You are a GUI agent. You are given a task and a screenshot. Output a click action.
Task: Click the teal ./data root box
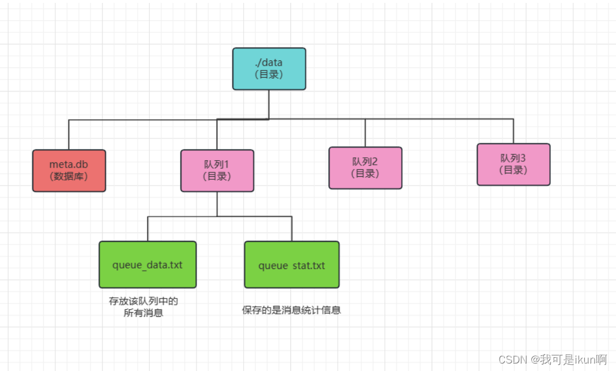pyautogui.click(x=269, y=69)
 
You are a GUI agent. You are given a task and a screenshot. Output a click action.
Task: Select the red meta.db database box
pyautogui.click(x=69, y=171)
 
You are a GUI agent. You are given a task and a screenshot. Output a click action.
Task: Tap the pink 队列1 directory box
pyautogui.click(x=217, y=171)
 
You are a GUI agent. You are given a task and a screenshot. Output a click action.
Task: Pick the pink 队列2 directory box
pyautogui.click(x=365, y=168)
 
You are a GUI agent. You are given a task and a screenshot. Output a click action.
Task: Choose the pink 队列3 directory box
pyautogui.click(x=513, y=164)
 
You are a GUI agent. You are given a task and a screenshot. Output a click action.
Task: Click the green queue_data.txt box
pyautogui.click(x=148, y=265)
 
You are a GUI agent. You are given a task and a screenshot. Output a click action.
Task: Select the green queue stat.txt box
pyautogui.click(x=292, y=265)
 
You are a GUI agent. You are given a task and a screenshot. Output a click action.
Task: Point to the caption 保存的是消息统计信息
pyautogui.click(x=292, y=310)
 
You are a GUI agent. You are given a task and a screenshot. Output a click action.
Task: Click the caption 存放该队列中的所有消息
pyautogui.click(x=143, y=307)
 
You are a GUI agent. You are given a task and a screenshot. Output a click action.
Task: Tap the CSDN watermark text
pyautogui.click(x=553, y=359)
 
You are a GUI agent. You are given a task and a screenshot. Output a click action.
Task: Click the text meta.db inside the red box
pyautogui.click(x=69, y=165)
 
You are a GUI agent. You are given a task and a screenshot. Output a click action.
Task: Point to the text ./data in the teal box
pyautogui.click(x=269, y=63)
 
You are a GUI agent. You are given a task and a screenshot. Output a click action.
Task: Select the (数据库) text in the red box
pyautogui.click(x=69, y=176)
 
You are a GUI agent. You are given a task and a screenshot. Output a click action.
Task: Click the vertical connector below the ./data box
pyautogui.click(x=269, y=104)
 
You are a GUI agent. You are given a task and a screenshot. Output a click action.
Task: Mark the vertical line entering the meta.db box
pyautogui.click(x=69, y=135)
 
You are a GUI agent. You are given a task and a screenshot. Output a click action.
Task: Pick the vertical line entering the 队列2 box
pyautogui.click(x=365, y=133)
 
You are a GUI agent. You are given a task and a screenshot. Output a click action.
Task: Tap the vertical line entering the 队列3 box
pyautogui.click(x=513, y=131)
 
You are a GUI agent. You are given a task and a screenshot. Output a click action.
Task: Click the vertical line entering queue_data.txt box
pyautogui.click(x=148, y=229)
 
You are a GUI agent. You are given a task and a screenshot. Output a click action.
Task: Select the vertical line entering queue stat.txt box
pyautogui.click(x=292, y=229)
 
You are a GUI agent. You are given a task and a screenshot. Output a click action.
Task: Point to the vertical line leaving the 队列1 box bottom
pyautogui.click(x=217, y=204)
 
